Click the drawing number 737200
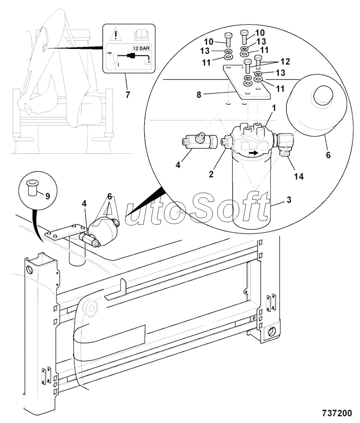(337, 413)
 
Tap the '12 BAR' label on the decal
(141, 49)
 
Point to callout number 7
(128, 94)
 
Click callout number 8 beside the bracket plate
(199, 95)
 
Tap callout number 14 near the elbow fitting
(299, 176)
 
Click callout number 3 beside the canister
(289, 200)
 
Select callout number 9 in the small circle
(48, 196)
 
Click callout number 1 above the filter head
(274, 108)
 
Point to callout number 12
(285, 61)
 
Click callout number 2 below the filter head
(211, 174)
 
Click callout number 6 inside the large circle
(328, 155)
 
